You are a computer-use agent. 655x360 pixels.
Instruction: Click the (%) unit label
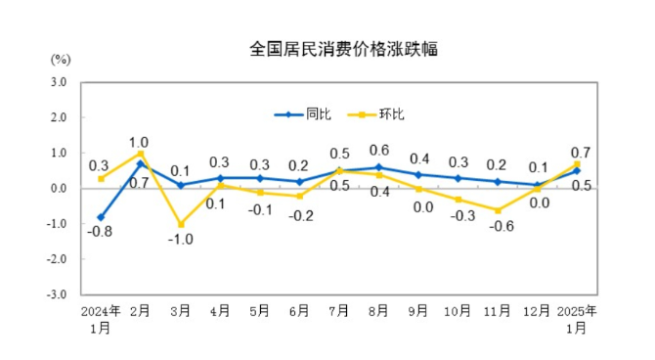pos(61,60)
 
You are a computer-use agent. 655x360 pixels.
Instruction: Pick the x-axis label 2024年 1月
pos(101,319)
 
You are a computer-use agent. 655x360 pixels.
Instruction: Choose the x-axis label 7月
pos(339,312)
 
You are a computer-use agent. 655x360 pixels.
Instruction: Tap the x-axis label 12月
pos(537,312)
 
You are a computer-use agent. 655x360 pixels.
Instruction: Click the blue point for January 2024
pos(101,216)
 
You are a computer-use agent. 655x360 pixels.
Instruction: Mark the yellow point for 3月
pos(181,224)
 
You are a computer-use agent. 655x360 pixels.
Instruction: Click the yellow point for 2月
pos(141,154)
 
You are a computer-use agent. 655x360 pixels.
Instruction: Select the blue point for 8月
pos(378,167)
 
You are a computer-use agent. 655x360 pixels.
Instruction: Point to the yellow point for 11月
pos(498,210)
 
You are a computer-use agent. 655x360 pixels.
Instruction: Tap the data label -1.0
pos(180,241)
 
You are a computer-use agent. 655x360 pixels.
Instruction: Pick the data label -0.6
pos(499,226)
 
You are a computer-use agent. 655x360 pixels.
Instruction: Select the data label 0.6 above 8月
pos(379,151)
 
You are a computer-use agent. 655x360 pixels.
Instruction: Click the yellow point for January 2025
pos(577,164)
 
